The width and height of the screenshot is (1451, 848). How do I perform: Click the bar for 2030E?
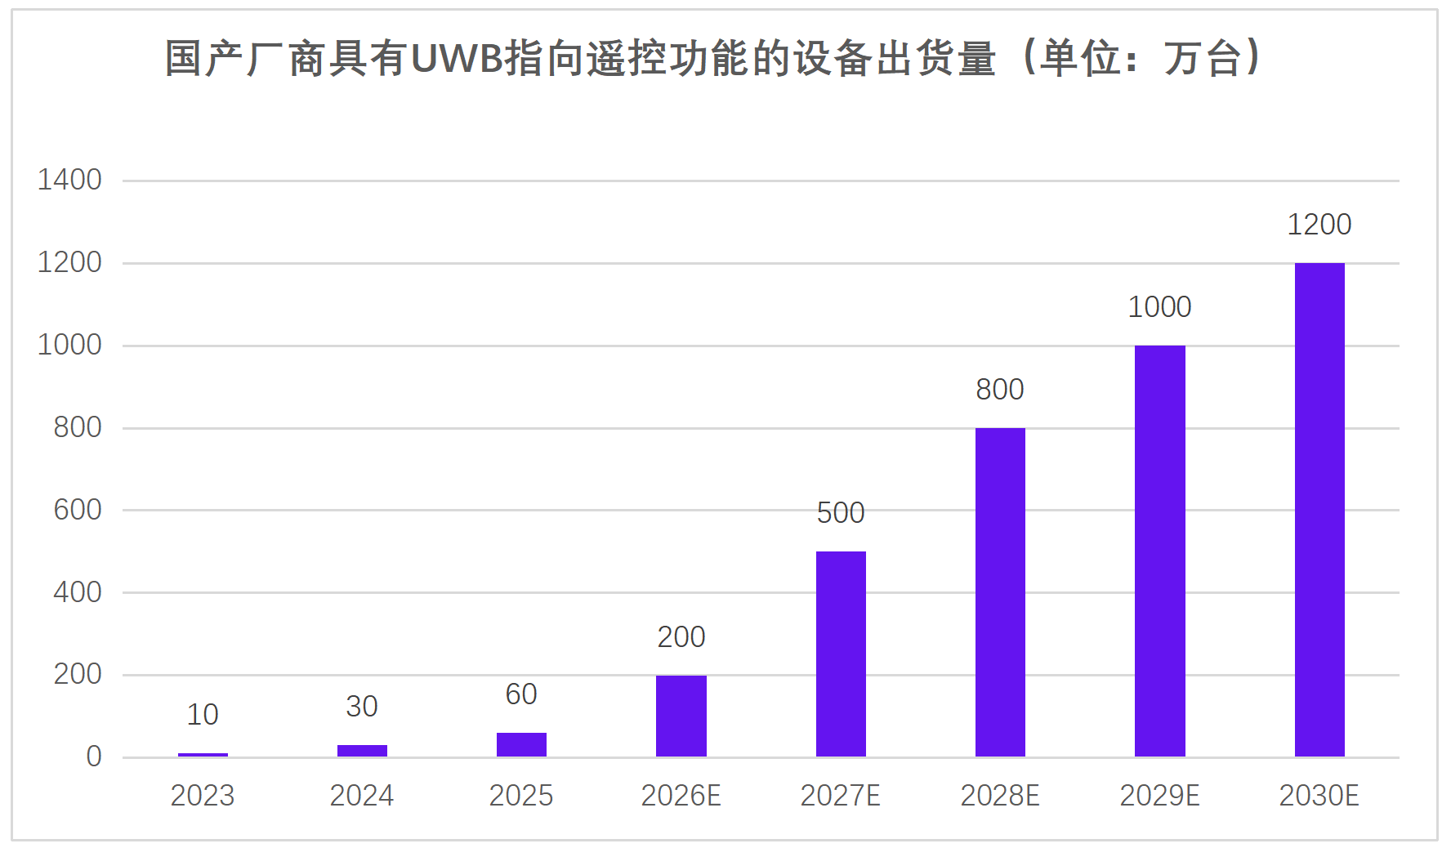(x=1319, y=510)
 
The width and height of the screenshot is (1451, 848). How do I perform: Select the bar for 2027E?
(x=841, y=654)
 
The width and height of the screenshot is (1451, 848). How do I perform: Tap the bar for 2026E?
(x=681, y=716)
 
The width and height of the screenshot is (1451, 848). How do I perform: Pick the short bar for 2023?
(x=203, y=754)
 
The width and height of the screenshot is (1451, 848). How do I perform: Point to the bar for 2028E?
(x=1000, y=592)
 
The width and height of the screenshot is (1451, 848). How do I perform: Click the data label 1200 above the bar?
(x=1319, y=225)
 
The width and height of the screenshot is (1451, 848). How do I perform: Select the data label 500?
(x=841, y=513)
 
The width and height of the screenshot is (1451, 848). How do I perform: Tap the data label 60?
(x=521, y=694)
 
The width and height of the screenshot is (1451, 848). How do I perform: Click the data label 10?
(x=203, y=715)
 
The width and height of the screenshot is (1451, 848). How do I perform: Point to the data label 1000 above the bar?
(x=1159, y=307)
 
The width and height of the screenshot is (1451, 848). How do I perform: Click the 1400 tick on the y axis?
(x=69, y=180)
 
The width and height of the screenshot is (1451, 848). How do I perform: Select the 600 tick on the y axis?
(x=78, y=510)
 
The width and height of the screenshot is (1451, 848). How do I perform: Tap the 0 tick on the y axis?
(x=94, y=757)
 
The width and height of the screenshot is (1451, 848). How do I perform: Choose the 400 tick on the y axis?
(x=78, y=592)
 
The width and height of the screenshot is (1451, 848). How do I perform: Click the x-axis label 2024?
(x=362, y=796)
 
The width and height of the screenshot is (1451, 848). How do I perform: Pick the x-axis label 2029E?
(x=1159, y=796)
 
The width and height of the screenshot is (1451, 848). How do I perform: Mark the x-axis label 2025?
(x=521, y=796)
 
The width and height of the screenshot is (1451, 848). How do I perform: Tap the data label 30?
(x=362, y=707)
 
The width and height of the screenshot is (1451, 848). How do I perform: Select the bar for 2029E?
(x=1159, y=551)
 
